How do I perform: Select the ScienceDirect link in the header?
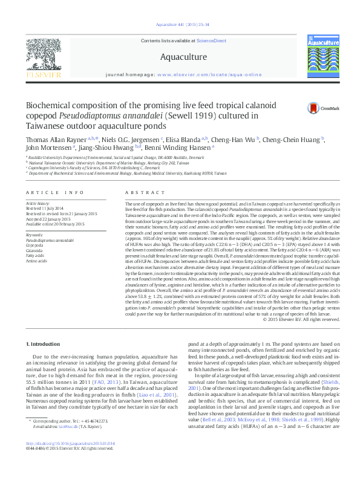212,41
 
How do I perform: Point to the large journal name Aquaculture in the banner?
180,57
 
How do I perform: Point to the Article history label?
38,204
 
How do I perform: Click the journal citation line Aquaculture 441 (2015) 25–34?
180,25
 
